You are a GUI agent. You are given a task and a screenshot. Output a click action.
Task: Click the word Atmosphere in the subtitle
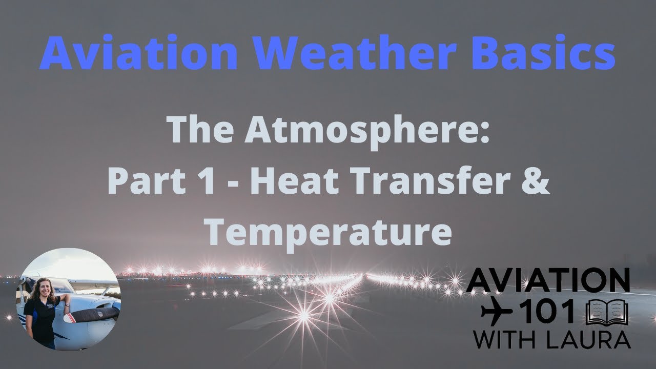pyautogui.click(x=367, y=132)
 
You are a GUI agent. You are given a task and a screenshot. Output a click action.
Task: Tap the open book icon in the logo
pyautogui.click(x=607, y=312)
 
